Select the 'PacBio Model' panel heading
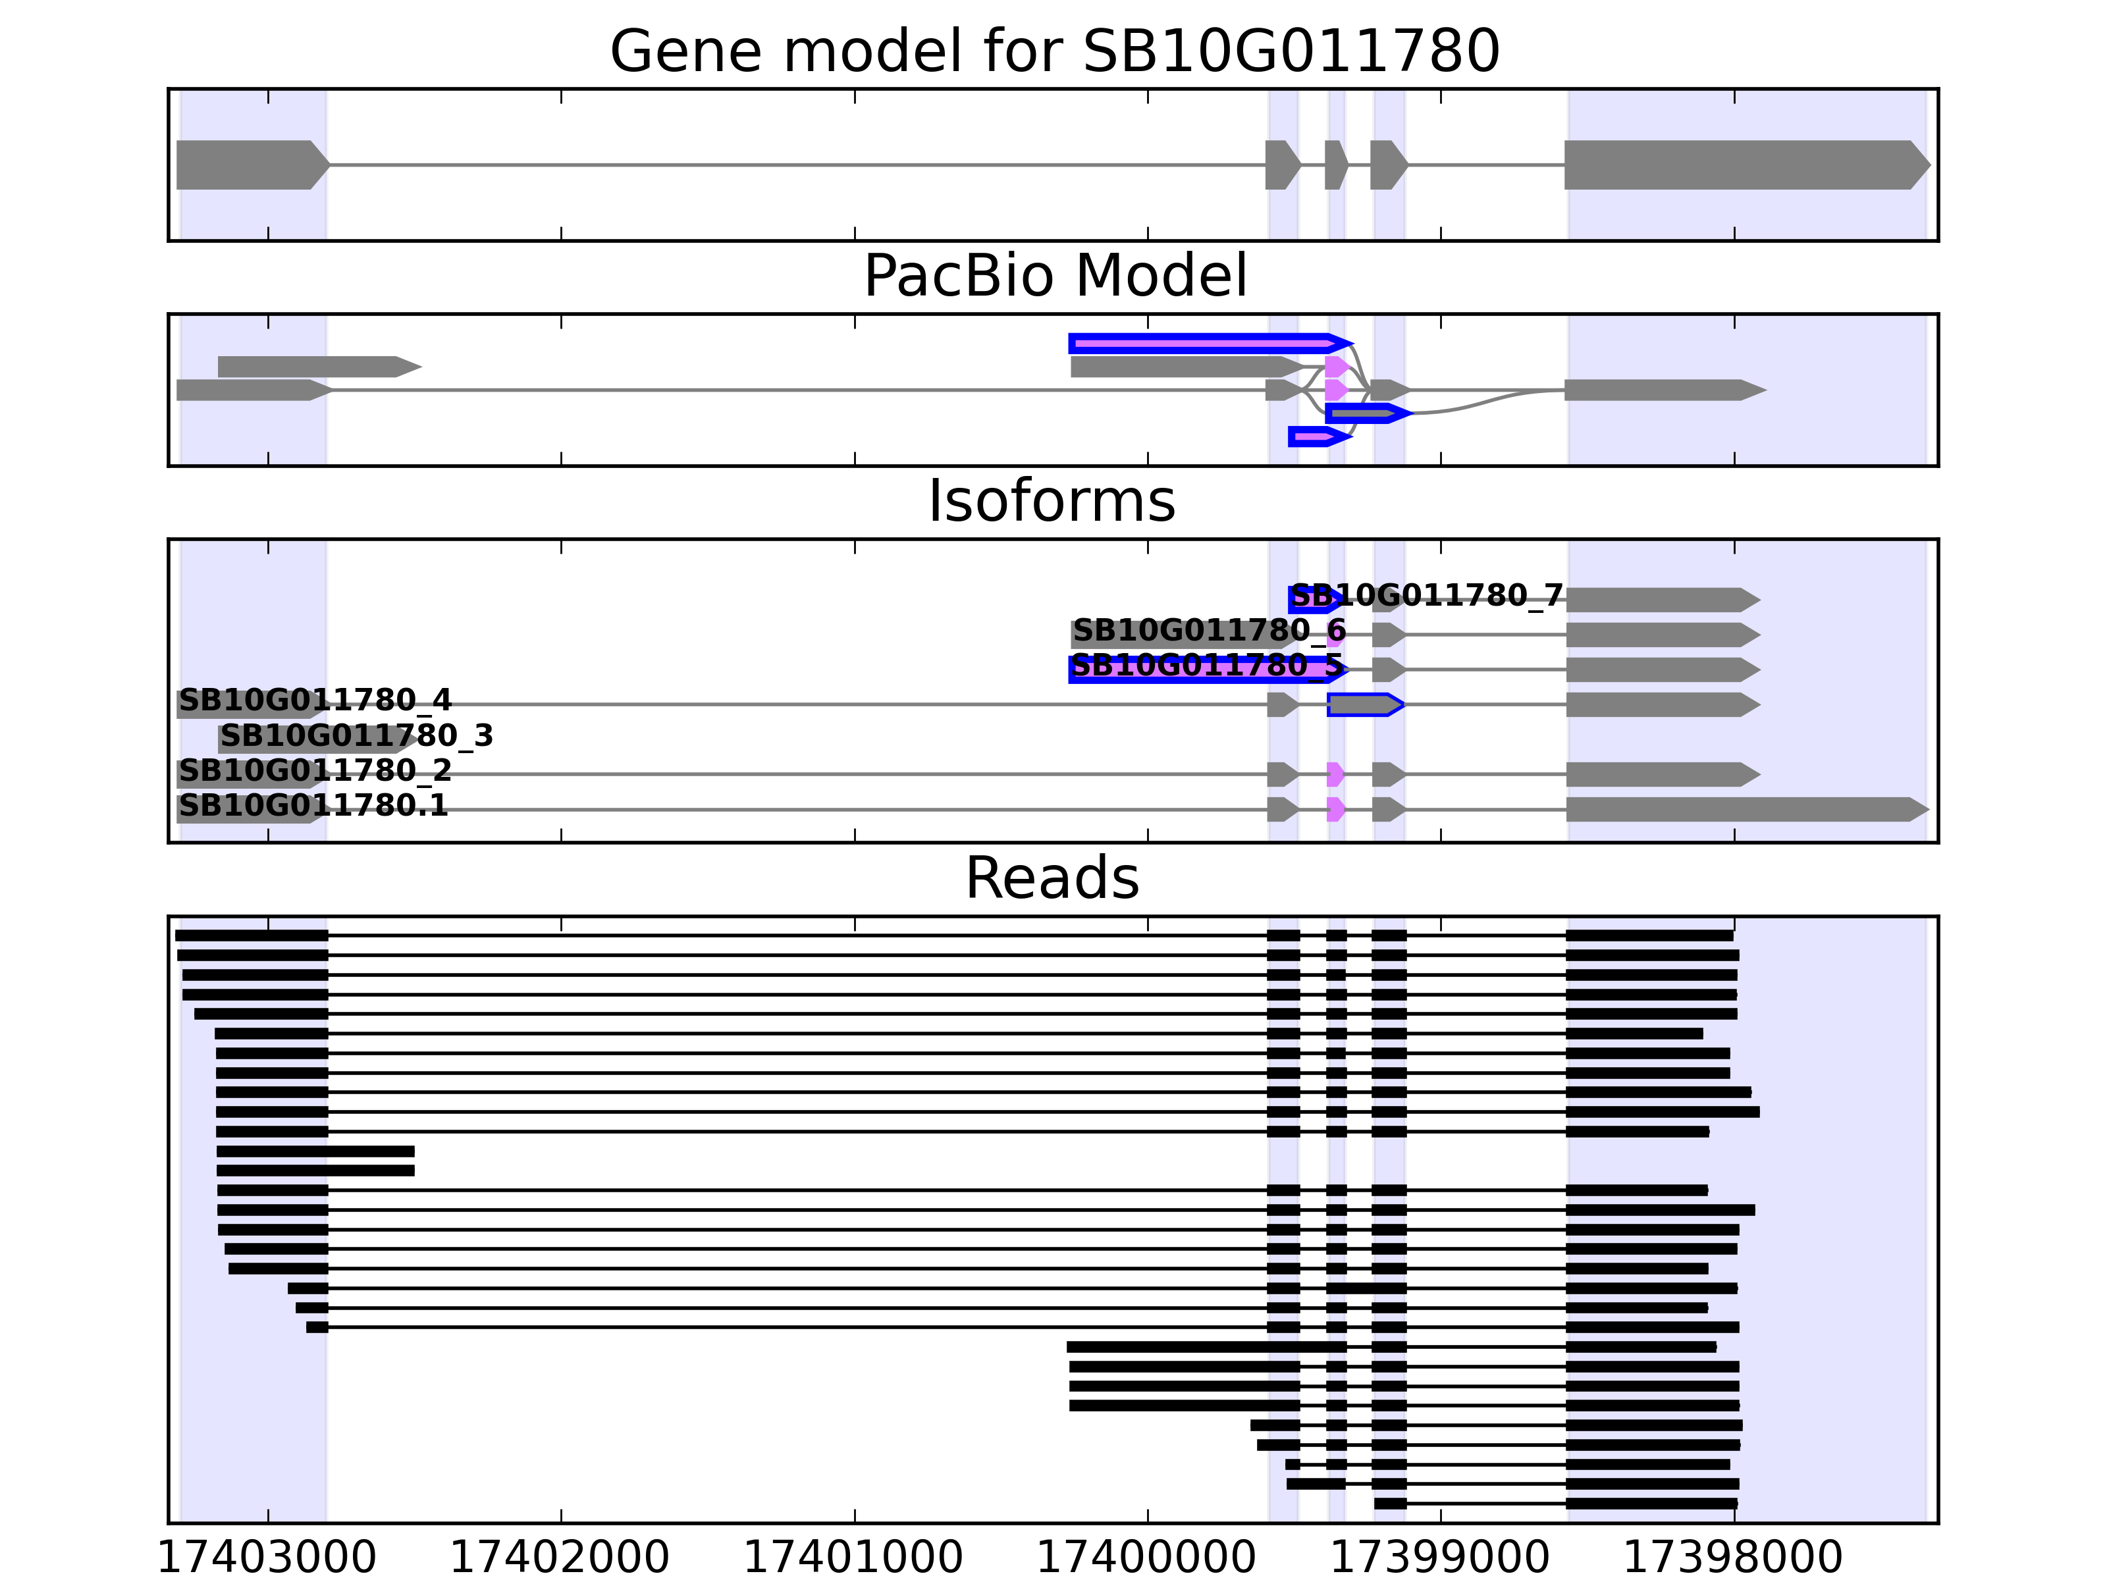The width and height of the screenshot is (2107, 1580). pyautogui.click(x=1053, y=276)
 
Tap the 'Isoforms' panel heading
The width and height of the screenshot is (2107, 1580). pyautogui.click(x=1052, y=501)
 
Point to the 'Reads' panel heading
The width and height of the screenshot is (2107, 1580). pyautogui.click(x=1052, y=878)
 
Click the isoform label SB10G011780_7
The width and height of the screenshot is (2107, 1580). pyautogui.click(x=1426, y=596)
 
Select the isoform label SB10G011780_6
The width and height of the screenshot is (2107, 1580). pyautogui.click(x=1209, y=631)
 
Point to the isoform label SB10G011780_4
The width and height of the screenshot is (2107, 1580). pyautogui.click(x=314, y=701)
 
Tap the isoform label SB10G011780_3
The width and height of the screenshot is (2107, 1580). pyautogui.click(x=356, y=735)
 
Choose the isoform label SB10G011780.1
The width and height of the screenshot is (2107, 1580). pyautogui.click(x=313, y=806)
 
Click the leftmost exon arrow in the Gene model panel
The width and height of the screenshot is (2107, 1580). pyautogui.click(x=250, y=165)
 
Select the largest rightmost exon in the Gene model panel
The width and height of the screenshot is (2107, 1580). pyautogui.click(x=1743, y=165)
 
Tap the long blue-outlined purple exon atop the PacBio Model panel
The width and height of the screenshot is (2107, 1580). pyautogui.click(x=1205, y=343)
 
